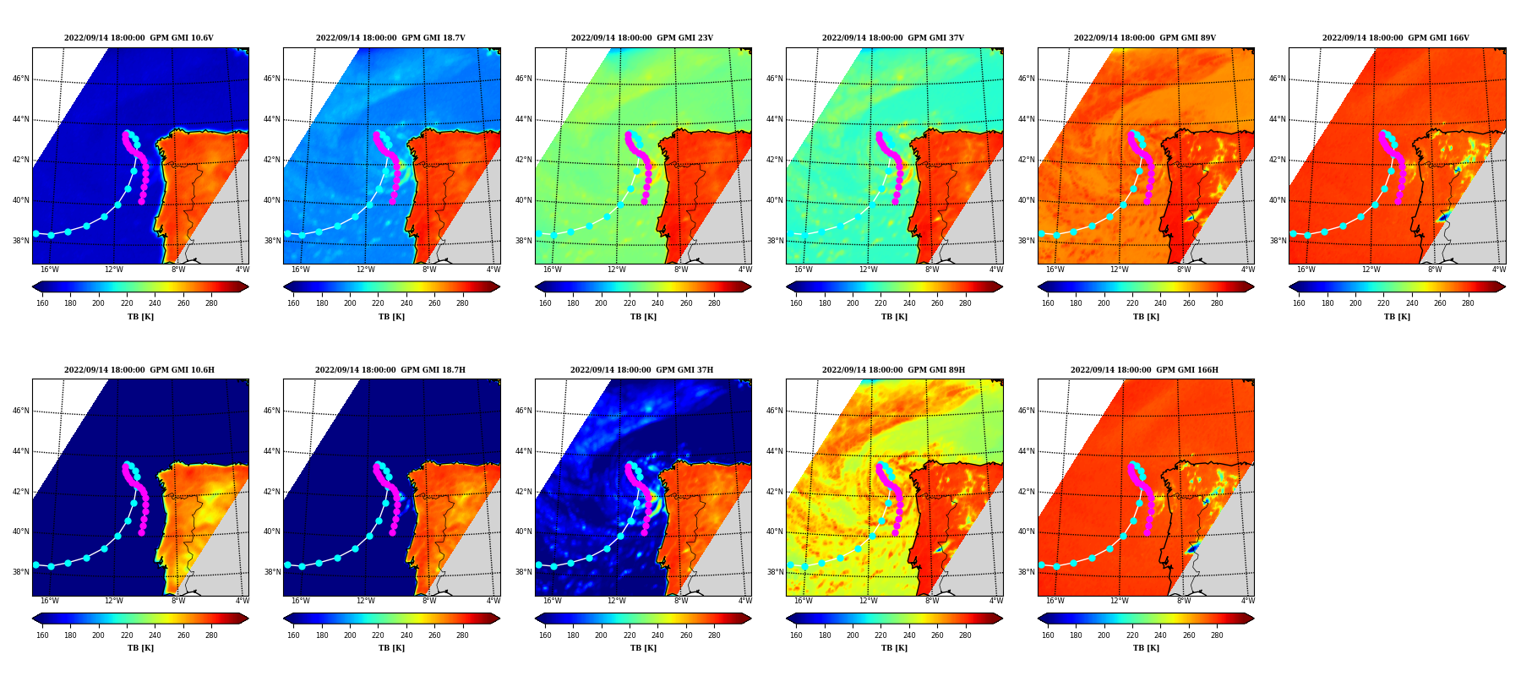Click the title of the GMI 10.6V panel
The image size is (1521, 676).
point(139,38)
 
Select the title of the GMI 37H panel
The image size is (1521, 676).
point(641,370)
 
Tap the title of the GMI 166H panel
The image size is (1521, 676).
point(1144,370)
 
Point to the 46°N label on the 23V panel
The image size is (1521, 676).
point(524,79)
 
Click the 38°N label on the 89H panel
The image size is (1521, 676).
point(775,572)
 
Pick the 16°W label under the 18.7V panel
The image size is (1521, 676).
point(301,270)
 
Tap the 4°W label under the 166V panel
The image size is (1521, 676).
point(1499,270)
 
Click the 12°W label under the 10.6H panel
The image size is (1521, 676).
point(114,601)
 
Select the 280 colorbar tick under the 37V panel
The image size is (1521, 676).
point(965,303)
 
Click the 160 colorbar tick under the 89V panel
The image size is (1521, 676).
point(1048,303)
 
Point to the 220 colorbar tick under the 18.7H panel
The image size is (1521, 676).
point(378,635)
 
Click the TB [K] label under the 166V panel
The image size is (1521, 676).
point(1397,317)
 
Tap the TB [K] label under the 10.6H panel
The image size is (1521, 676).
point(140,648)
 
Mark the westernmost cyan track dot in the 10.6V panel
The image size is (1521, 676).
point(35,233)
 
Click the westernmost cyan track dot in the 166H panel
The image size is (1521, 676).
point(1041,565)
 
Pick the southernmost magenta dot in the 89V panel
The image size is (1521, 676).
point(1147,201)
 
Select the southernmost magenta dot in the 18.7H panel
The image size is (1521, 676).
point(392,532)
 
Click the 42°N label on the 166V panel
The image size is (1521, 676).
point(1278,160)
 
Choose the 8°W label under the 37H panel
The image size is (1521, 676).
point(681,601)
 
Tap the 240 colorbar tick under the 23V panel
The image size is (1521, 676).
point(657,303)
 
